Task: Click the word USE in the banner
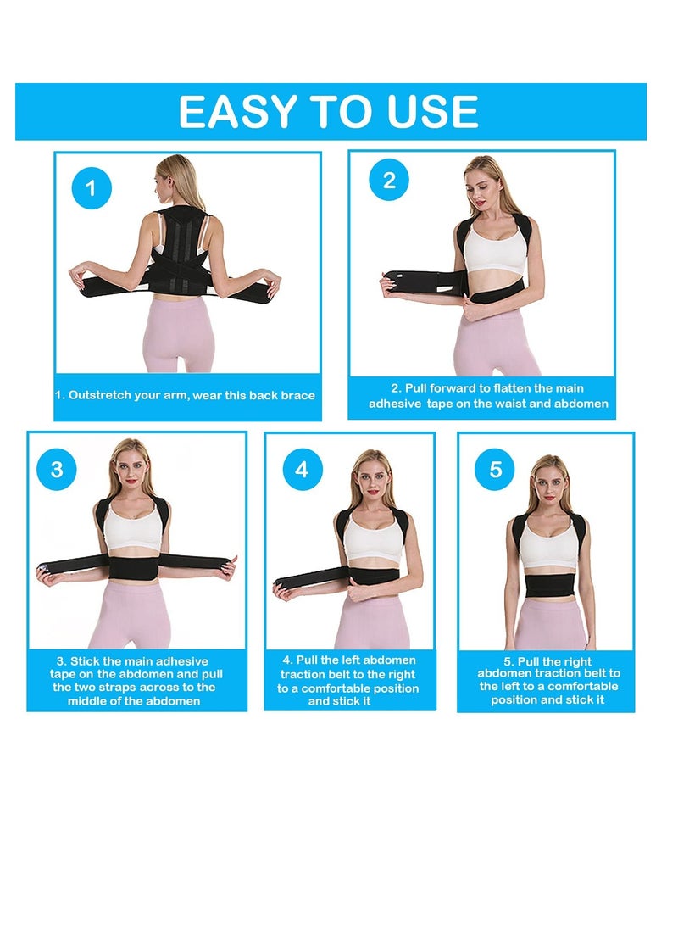(430, 112)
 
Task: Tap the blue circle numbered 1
(91, 189)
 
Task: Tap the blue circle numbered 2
(389, 180)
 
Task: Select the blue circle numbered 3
(57, 469)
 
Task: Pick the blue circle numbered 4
(302, 469)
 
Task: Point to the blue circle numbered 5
(496, 469)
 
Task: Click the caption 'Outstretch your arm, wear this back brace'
(185, 396)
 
